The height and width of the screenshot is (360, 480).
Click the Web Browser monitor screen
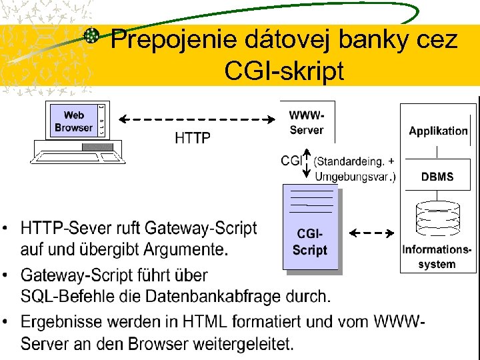(x=74, y=121)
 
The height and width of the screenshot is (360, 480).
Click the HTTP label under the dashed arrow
(x=193, y=139)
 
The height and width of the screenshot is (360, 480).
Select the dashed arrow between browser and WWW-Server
(x=197, y=119)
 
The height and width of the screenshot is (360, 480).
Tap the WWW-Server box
(x=307, y=122)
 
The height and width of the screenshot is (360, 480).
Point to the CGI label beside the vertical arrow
(x=291, y=161)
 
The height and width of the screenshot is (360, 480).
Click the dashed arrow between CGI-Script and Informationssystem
(x=371, y=233)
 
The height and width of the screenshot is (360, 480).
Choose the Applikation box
(x=438, y=131)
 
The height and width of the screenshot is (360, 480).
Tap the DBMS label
(x=437, y=177)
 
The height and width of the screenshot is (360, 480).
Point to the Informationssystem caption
(x=437, y=257)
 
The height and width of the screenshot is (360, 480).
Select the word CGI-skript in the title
(x=284, y=70)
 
